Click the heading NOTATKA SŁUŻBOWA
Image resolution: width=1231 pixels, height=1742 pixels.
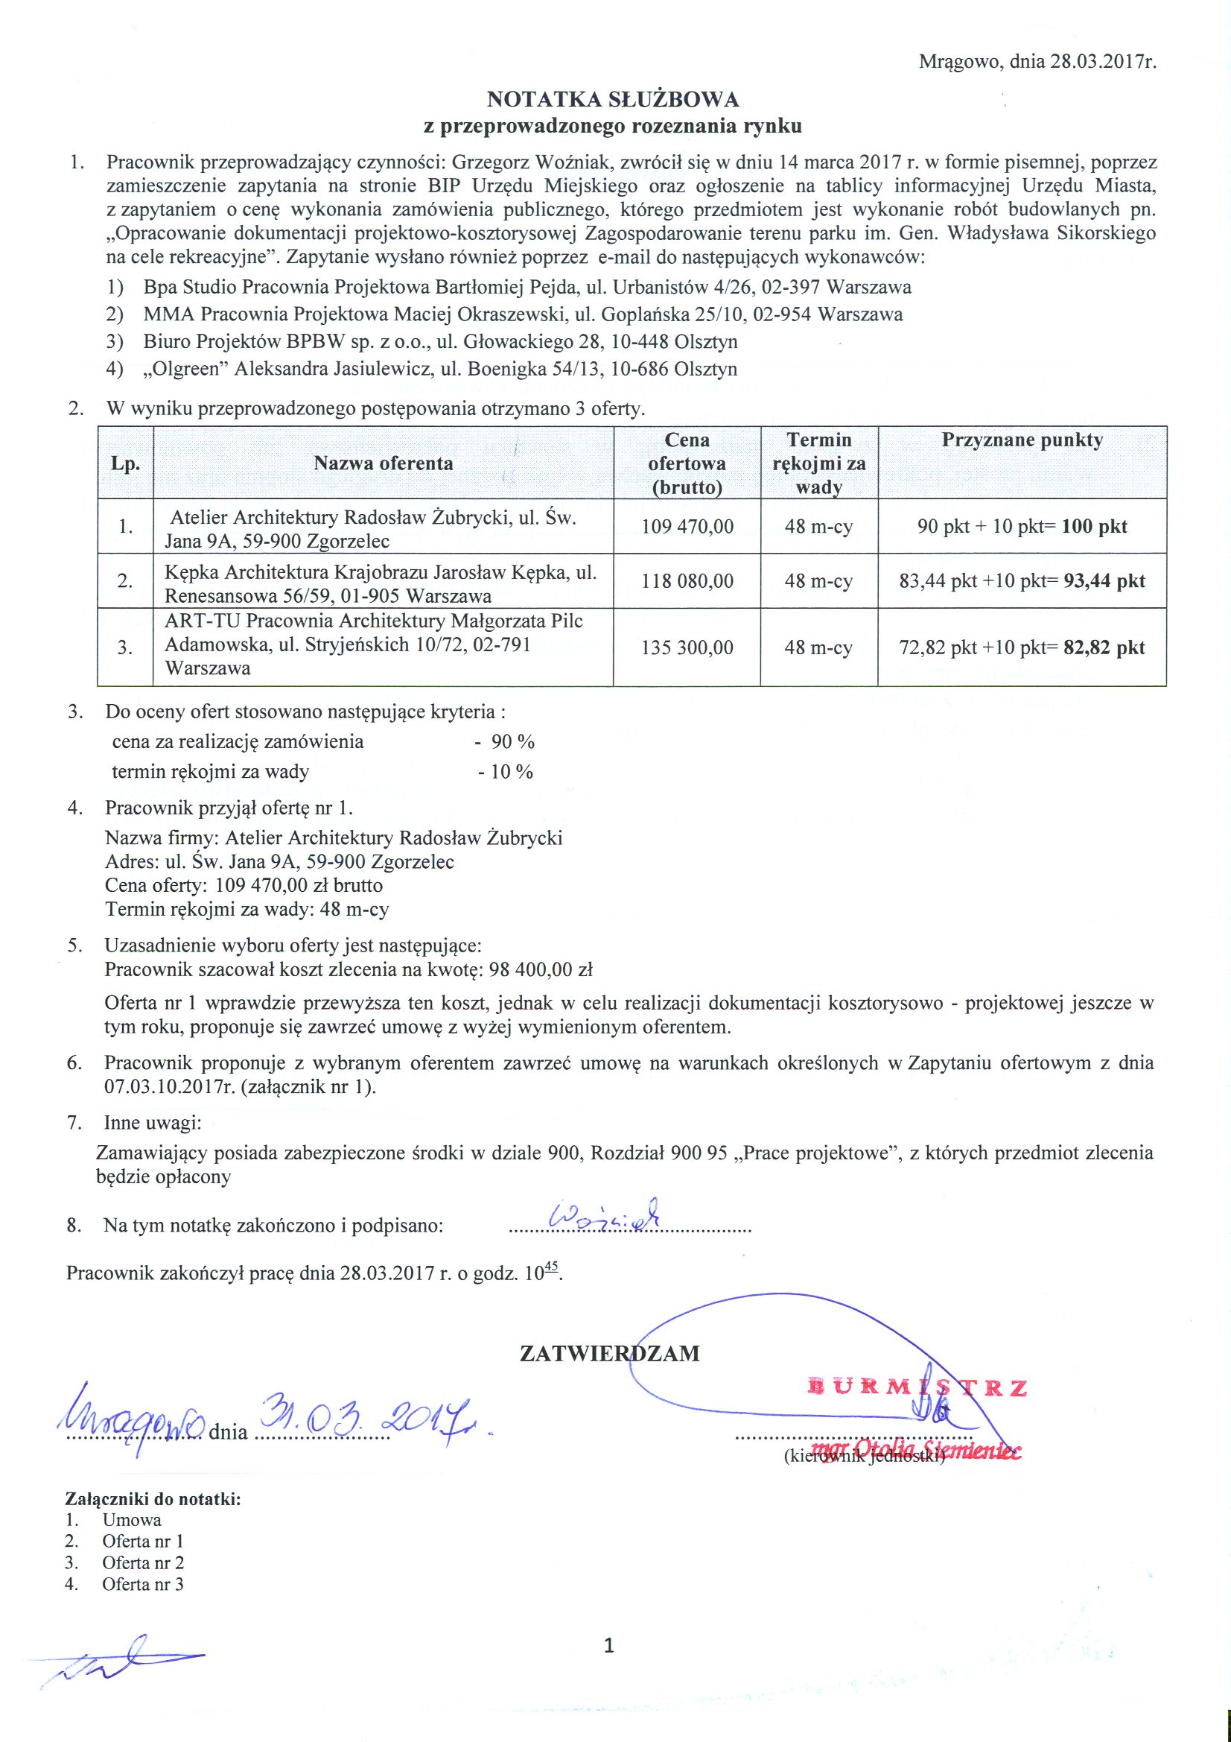point(612,99)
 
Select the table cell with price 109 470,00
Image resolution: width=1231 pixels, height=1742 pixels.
point(687,527)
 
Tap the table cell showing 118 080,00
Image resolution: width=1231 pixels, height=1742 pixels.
point(687,581)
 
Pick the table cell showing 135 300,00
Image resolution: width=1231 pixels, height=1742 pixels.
point(687,648)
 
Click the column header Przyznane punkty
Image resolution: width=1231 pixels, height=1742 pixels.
point(1022,441)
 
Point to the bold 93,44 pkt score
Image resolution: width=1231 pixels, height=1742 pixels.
point(1104,581)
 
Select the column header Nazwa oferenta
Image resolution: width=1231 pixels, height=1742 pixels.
point(383,463)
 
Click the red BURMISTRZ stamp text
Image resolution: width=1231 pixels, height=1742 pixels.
point(917,1388)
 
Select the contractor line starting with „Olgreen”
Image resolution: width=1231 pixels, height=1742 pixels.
point(440,370)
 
